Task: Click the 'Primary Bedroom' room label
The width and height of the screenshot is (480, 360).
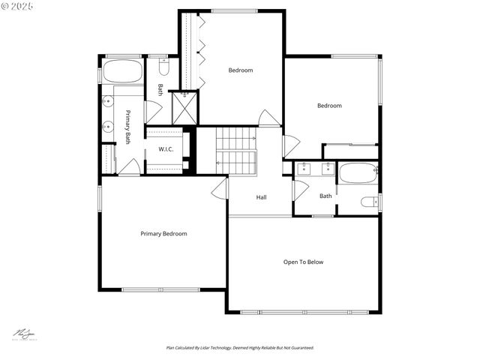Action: tap(163, 234)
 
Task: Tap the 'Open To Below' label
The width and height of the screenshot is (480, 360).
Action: tap(303, 262)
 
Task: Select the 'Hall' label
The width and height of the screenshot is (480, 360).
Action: tap(261, 197)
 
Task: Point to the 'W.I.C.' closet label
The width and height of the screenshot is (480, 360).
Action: tap(166, 149)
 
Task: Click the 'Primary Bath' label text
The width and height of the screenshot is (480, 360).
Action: tap(128, 127)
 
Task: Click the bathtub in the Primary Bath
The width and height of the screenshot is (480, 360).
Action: tap(122, 72)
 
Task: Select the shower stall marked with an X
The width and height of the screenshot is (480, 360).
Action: tap(184, 106)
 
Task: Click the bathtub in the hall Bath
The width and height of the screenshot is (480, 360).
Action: tap(358, 173)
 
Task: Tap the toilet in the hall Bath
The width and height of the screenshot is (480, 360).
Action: tap(370, 202)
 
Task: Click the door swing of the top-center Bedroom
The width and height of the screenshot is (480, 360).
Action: tap(269, 118)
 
